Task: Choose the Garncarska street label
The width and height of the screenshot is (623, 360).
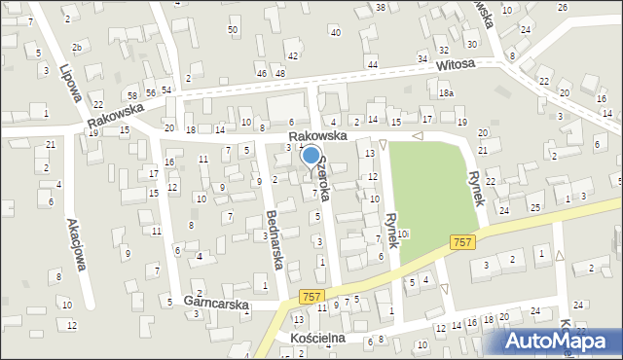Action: pos(216,304)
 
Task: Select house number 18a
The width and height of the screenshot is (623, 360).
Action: pos(446,93)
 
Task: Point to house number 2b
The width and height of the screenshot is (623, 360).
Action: pos(76,47)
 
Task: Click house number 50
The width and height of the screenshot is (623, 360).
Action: pos(233,30)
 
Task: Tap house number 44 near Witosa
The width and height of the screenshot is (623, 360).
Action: pos(373,64)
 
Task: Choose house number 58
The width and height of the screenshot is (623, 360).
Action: pos(131,94)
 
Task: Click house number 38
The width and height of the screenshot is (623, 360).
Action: pos(380,8)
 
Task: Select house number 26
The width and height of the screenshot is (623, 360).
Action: pos(563,8)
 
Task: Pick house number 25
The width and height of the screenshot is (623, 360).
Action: pos(535,208)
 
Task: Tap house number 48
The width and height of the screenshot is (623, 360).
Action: pos(280,74)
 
